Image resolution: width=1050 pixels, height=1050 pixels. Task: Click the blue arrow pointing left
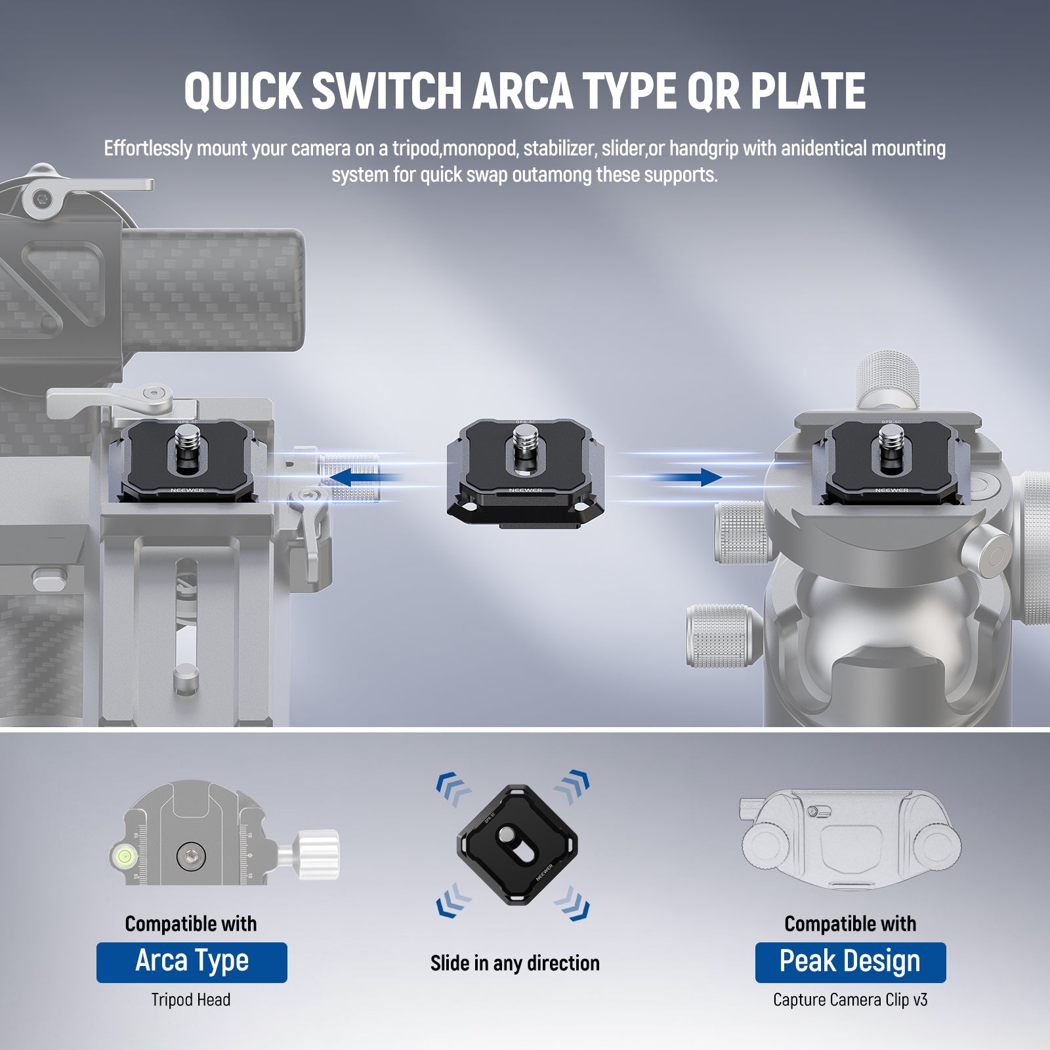tap(360, 477)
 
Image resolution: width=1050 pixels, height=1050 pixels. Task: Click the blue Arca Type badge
tap(192, 962)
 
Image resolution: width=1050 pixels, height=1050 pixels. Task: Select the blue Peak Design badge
tap(850, 962)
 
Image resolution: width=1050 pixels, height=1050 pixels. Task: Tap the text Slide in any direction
tap(515, 963)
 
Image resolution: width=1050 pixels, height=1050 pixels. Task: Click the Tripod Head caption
tap(191, 1000)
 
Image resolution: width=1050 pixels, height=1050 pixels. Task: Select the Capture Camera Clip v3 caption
tap(850, 1000)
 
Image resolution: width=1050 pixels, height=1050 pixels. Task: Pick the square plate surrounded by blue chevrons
tap(516, 844)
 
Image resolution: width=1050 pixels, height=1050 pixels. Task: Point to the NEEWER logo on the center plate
tap(525, 490)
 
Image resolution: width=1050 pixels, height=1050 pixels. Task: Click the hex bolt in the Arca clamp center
tap(192, 856)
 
